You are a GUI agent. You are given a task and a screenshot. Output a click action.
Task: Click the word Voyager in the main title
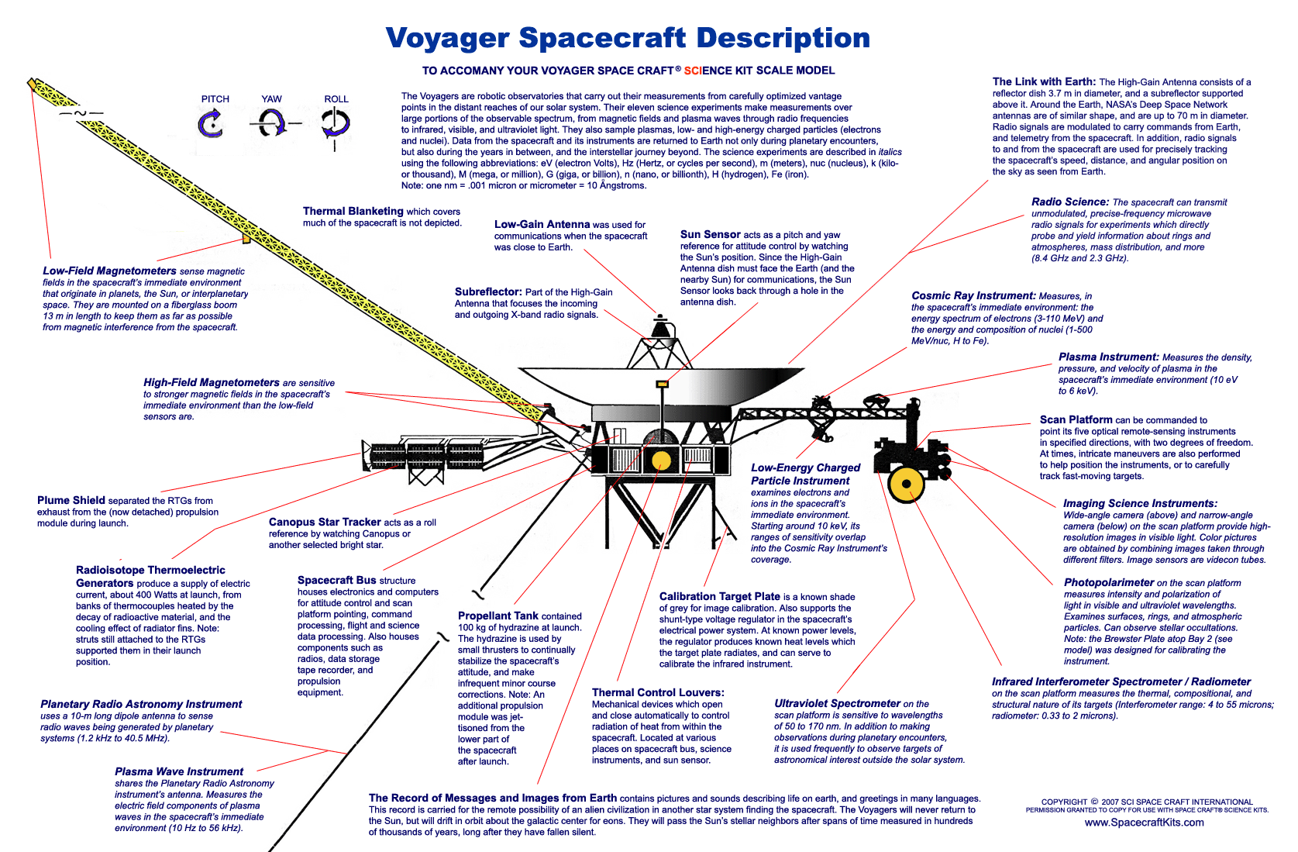pos(447,38)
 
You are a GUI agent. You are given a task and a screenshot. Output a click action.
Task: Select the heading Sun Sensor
pos(711,234)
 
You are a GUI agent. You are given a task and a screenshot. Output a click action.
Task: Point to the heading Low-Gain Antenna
pos(542,224)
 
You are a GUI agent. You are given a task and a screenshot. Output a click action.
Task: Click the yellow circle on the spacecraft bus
pos(661,460)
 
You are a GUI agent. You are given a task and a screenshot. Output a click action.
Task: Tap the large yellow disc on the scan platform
pos(906,484)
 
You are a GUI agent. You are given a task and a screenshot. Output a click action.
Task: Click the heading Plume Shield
pos(71,500)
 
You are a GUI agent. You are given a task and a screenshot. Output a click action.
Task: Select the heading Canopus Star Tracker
pos(325,523)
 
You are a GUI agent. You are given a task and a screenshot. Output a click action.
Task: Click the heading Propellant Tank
pos(498,616)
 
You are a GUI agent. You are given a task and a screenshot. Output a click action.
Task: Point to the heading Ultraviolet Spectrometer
pos(838,704)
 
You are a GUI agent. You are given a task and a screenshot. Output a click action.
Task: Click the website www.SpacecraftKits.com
pos(1144,823)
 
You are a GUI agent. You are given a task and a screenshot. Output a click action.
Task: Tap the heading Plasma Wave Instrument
pos(179,771)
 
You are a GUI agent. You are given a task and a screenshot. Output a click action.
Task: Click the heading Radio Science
pos(1070,202)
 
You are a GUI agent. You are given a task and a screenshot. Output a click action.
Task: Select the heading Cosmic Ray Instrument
pos(973,295)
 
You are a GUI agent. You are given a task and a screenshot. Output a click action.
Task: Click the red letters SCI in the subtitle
pos(693,71)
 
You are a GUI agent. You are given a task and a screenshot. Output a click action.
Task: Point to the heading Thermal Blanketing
pos(353,211)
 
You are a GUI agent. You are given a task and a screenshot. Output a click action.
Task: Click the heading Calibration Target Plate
pos(720,596)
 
